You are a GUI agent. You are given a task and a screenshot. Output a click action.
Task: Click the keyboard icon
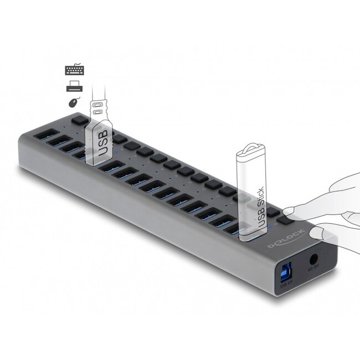coord(74,70)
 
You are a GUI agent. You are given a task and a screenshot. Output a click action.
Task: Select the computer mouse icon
coord(74,102)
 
